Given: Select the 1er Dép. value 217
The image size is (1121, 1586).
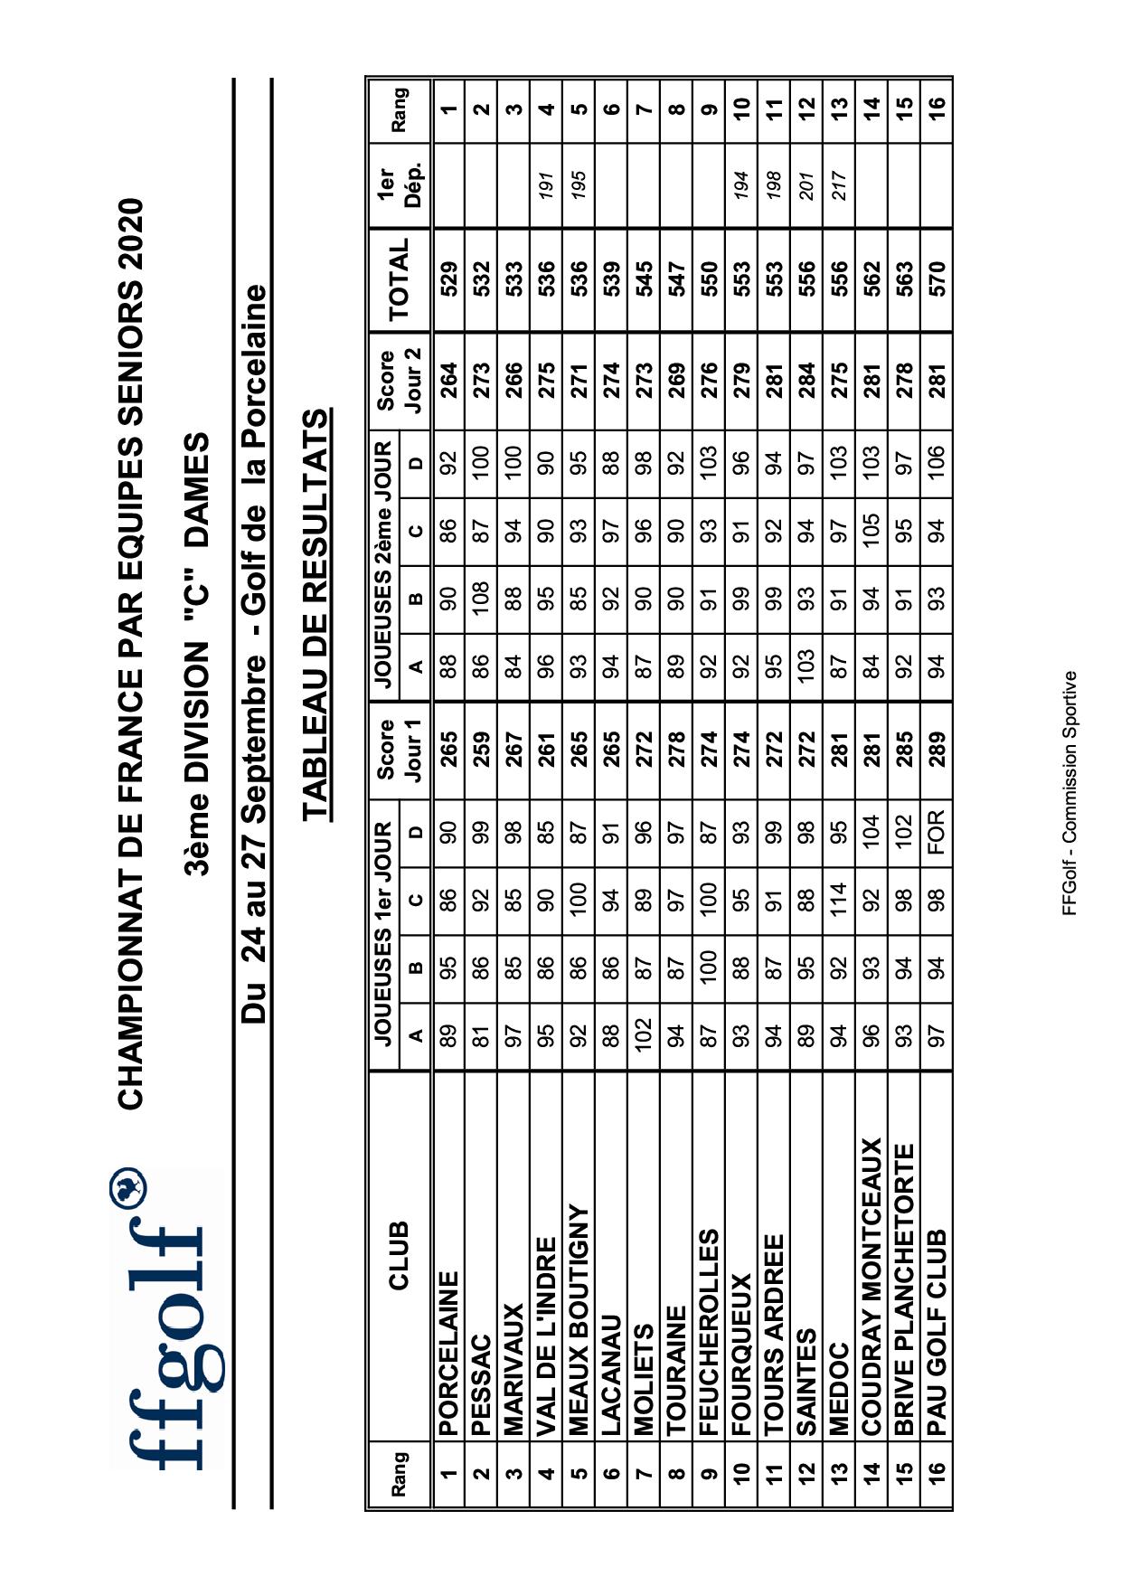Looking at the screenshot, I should tap(839, 184).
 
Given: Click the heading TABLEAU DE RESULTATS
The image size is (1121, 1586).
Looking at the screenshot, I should tap(316, 614).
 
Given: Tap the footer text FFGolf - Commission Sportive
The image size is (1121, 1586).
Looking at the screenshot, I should tap(1069, 792).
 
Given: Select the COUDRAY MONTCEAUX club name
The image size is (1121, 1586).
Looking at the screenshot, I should tap(871, 1286).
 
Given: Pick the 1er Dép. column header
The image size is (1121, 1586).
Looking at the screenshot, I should tap(399, 184).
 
